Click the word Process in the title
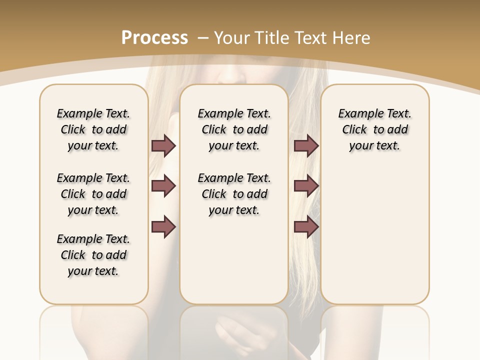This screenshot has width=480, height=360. [154, 38]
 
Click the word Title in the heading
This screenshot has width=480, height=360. [273, 38]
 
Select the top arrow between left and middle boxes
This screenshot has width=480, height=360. [163, 145]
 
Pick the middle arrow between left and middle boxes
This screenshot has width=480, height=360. [163, 186]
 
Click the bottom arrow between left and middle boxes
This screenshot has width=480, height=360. [163, 227]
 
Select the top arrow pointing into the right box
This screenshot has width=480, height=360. [306, 145]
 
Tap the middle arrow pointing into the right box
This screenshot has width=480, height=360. [306, 186]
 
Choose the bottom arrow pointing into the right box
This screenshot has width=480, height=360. [306, 227]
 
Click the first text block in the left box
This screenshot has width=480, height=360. [93, 129]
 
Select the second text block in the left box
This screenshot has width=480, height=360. [93, 194]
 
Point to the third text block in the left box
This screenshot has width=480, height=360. [93, 255]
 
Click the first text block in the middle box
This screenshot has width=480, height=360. [234, 129]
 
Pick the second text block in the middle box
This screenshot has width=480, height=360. [234, 194]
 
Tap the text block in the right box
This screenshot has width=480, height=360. [375, 129]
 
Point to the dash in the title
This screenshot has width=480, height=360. [203, 38]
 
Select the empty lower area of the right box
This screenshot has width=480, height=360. [375, 235]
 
